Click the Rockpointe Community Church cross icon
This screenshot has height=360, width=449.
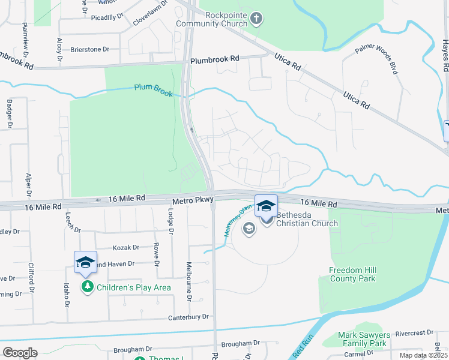[x=257, y=17]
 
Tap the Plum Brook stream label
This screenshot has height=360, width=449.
[x=153, y=91]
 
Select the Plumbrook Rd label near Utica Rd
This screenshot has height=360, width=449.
[x=214, y=60]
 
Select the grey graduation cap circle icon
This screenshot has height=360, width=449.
[x=249, y=228]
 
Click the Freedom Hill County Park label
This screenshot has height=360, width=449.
[x=352, y=274]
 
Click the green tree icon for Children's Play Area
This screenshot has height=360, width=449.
[x=88, y=287]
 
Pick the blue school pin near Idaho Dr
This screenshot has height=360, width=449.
[x=85, y=262]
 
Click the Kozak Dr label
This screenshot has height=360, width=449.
[x=126, y=247]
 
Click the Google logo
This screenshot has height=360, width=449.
[x=20, y=353]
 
